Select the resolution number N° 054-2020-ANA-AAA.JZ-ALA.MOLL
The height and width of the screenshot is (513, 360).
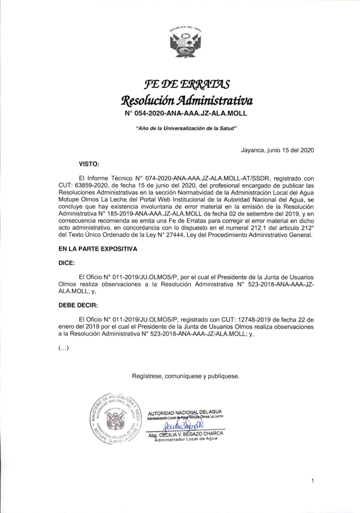(186, 114)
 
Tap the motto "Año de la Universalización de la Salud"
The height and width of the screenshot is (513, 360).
(186, 128)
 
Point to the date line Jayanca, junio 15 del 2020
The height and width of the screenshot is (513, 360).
(277, 150)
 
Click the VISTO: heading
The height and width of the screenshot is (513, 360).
(89, 164)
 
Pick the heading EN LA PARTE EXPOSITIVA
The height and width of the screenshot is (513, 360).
(98, 249)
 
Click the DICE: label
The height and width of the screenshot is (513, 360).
(67, 263)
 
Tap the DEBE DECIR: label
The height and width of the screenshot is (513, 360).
(78, 305)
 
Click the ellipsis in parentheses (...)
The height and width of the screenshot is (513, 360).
(64, 348)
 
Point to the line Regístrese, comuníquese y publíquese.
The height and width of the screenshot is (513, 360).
(186, 376)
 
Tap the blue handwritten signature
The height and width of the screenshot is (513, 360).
(183, 425)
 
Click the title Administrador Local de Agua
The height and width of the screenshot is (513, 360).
(186, 439)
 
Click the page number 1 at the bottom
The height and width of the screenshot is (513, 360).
(313, 481)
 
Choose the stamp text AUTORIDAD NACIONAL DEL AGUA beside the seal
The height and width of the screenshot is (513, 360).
(185, 412)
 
